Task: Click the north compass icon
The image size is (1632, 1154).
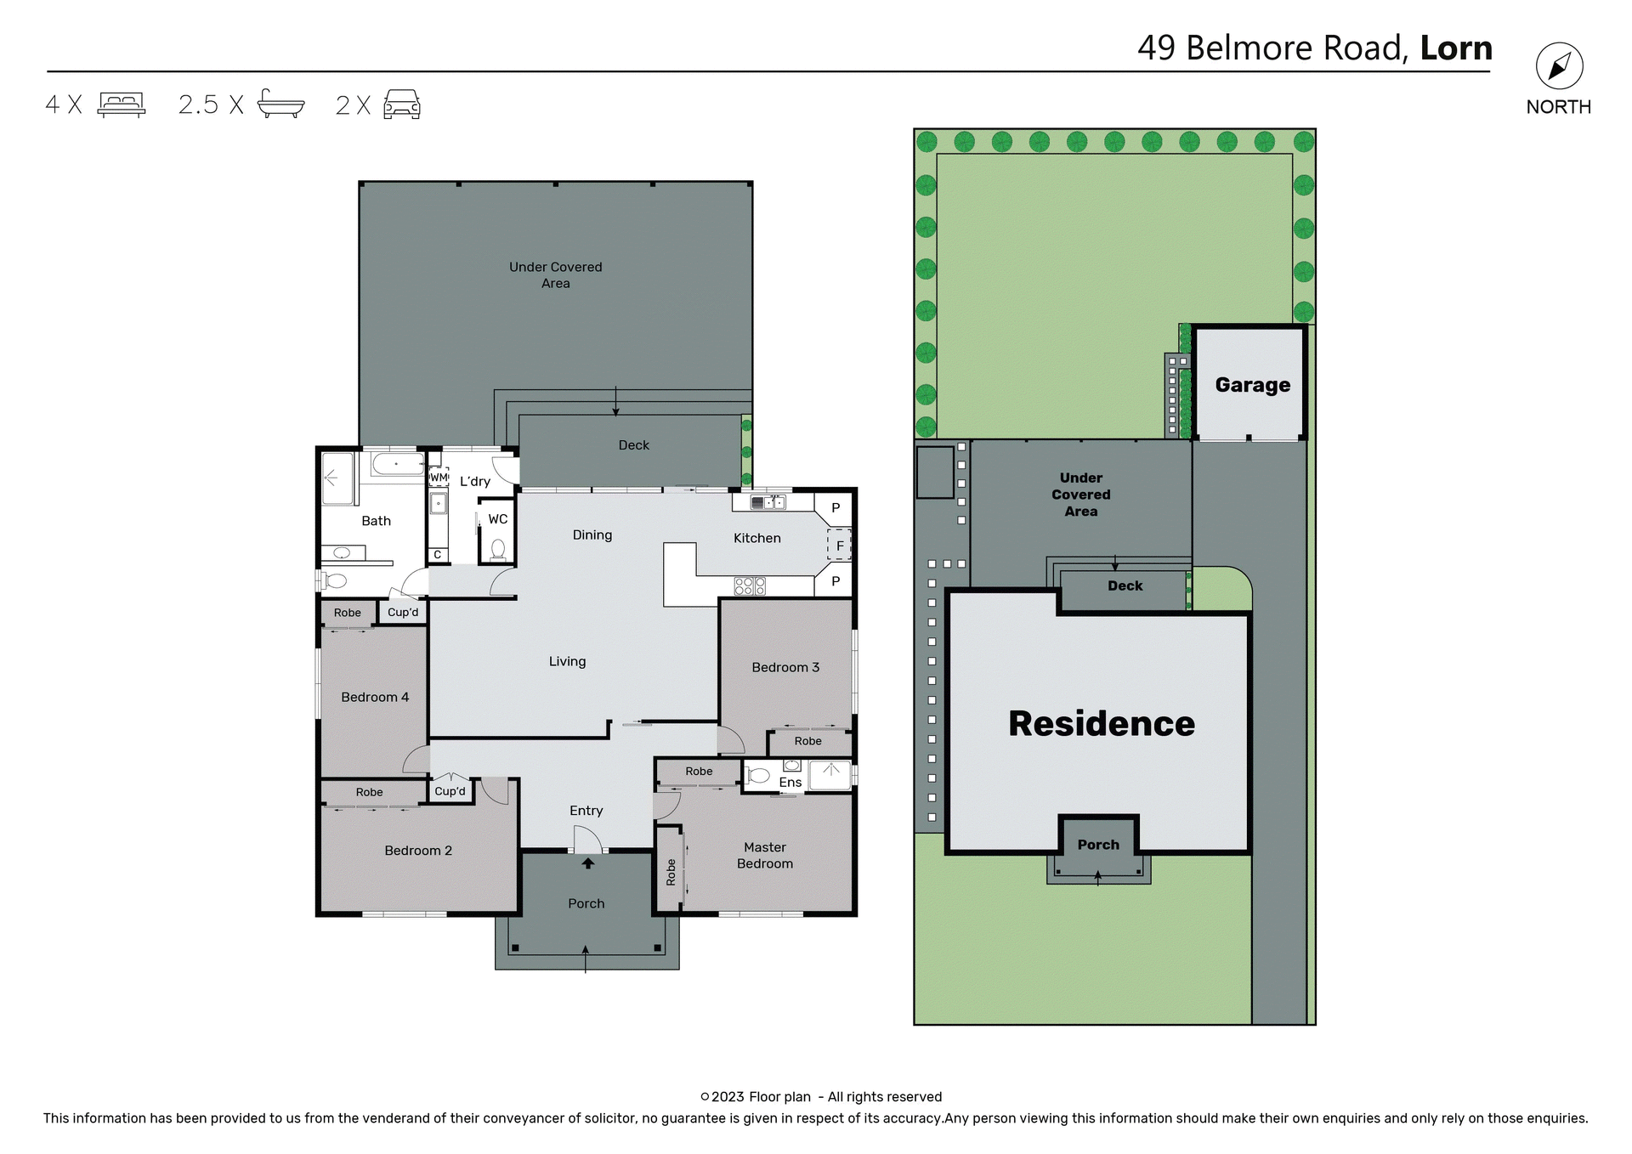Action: pos(1559,66)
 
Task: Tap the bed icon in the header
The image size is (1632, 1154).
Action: pos(122,105)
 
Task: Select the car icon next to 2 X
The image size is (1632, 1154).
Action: pos(402,105)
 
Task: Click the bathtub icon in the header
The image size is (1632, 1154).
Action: pos(280,104)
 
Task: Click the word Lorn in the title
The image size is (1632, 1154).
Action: pos(1455,48)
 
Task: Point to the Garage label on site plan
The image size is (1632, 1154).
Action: pos(1252,385)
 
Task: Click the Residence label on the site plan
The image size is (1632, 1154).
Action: pos(1101,723)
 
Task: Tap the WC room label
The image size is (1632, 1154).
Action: pos(498,519)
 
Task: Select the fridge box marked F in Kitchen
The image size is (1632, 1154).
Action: pos(839,546)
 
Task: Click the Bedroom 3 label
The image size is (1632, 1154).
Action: pos(785,667)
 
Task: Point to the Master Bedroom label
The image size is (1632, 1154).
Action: pos(764,855)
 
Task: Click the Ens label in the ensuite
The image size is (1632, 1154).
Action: pos(790,782)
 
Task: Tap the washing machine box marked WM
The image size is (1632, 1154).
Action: pos(439,478)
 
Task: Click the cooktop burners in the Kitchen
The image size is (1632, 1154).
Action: pos(750,585)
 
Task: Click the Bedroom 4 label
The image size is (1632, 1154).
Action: pos(375,697)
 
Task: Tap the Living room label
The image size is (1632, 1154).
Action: pos(567,661)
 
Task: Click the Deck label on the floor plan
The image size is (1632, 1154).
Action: pos(633,445)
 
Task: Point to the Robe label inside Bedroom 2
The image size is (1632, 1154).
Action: pos(369,792)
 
